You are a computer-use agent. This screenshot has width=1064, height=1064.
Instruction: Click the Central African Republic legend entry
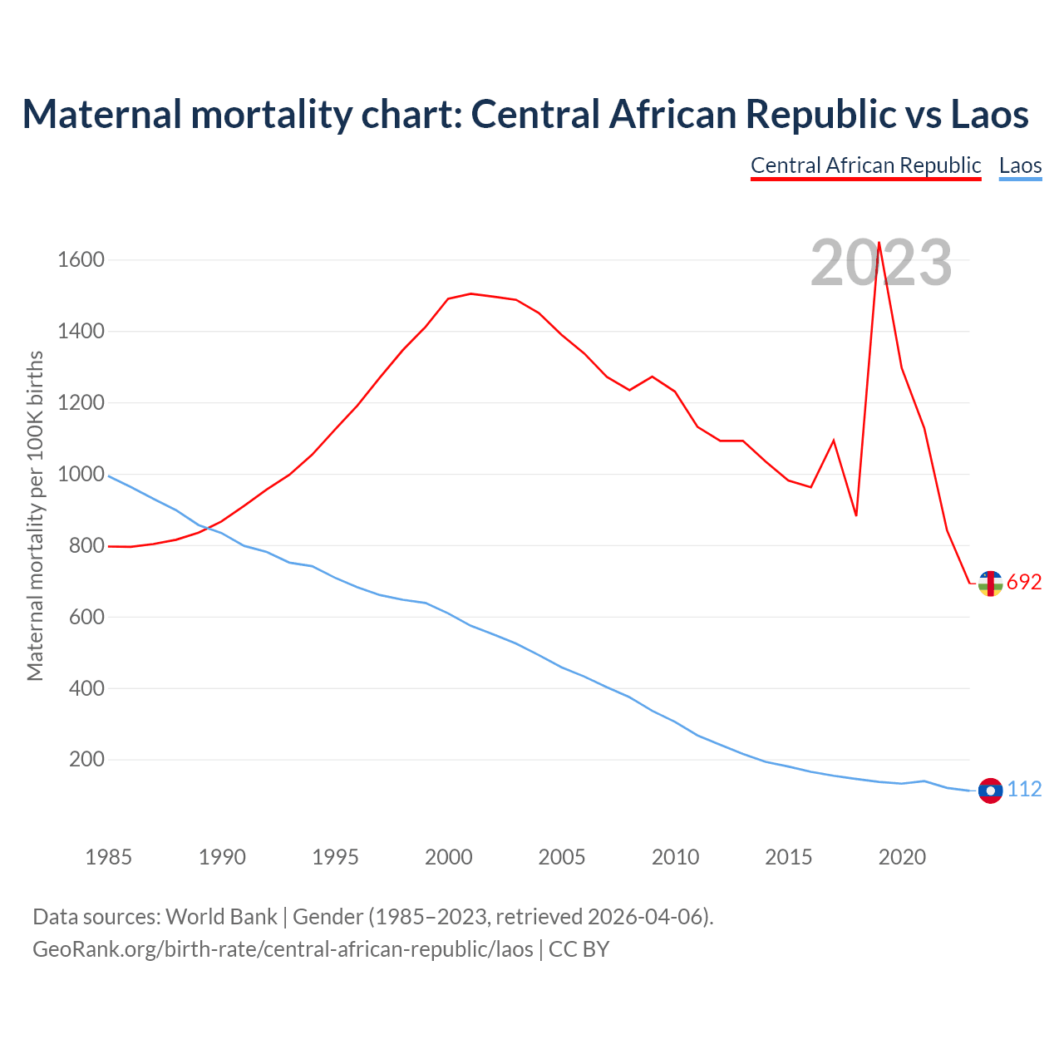[x=865, y=165]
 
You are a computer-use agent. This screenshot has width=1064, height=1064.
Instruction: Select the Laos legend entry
[x=1020, y=165]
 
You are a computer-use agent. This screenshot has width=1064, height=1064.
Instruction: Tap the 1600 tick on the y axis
[x=81, y=260]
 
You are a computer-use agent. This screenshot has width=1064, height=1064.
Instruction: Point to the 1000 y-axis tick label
[x=81, y=475]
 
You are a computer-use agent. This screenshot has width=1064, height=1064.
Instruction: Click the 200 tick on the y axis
[x=86, y=760]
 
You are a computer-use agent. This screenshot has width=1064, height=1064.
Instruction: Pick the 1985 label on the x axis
[x=108, y=857]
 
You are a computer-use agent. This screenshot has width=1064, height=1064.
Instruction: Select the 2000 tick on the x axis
[x=448, y=857]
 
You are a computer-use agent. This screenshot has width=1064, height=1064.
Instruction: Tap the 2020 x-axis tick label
[x=902, y=857]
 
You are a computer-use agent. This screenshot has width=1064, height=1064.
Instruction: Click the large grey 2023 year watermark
[x=880, y=263]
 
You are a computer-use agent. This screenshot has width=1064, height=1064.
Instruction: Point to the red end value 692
[x=1024, y=583]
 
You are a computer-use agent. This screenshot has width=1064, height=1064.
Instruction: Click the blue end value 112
[x=1024, y=790]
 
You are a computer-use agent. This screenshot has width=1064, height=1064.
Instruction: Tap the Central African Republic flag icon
[x=990, y=584]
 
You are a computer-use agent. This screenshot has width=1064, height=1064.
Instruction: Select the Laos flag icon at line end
[x=990, y=791]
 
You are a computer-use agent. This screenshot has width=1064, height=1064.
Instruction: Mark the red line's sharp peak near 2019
[x=879, y=243]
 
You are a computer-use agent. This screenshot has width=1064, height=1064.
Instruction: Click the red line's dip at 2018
[x=856, y=515]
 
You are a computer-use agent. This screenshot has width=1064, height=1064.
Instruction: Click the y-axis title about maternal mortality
[x=35, y=515]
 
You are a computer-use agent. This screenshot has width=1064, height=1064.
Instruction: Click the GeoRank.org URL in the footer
[x=283, y=949]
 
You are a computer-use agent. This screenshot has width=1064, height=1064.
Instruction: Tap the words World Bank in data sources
[x=221, y=917]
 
